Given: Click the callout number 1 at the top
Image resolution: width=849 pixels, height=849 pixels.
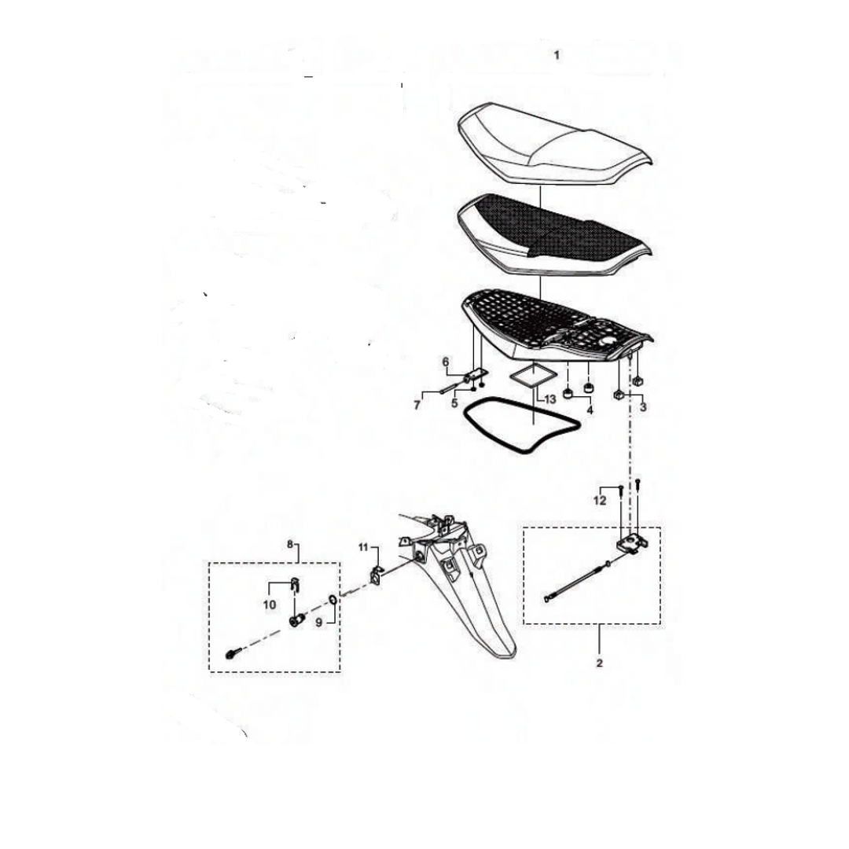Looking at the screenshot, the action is [x=557, y=55].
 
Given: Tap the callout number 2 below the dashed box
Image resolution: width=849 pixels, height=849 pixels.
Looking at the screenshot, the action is [x=599, y=663].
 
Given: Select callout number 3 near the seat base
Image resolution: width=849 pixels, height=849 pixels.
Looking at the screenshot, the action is [x=643, y=407].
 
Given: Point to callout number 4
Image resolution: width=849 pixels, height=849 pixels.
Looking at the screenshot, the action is [x=590, y=410].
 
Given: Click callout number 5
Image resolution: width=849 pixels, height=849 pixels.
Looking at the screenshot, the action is [x=455, y=402].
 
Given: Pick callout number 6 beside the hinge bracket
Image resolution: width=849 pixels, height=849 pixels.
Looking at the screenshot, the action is [x=446, y=362].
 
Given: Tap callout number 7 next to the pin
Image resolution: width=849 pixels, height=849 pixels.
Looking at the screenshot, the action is [x=417, y=405].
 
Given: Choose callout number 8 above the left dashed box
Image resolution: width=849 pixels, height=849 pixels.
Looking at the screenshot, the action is [x=290, y=544].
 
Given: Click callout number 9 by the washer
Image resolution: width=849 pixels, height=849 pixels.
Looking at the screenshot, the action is [x=319, y=623].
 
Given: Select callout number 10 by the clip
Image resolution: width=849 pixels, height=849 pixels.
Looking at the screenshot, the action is [x=270, y=605].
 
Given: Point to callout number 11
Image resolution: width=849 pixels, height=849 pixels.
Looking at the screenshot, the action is [x=363, y=547].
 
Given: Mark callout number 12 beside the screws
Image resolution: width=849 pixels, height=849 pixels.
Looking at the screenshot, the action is [x=600, y=501].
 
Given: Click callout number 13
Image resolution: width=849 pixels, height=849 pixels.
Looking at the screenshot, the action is [x=549, y=399].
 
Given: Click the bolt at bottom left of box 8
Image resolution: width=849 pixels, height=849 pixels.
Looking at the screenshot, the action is [x=231, y=654].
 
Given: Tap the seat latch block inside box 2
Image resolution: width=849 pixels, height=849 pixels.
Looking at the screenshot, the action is [x=632, y=543].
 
